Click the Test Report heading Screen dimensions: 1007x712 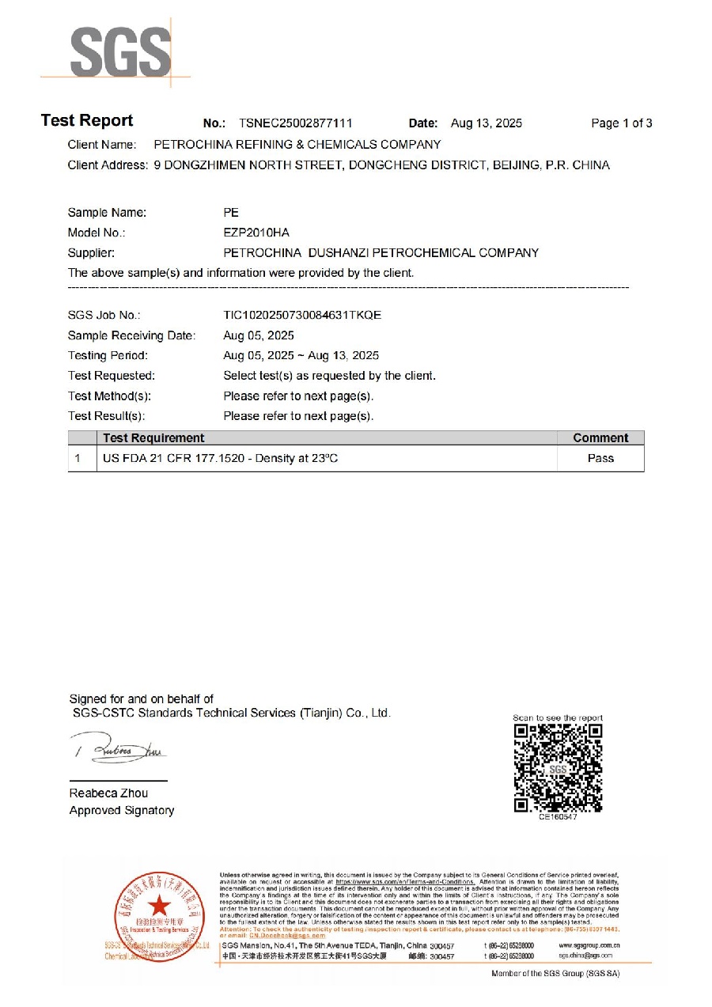pos(87,121)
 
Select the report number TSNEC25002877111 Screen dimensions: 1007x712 pos(295,123)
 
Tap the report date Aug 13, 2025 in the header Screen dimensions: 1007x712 pos(487,123)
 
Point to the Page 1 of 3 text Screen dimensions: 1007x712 pos(622,123)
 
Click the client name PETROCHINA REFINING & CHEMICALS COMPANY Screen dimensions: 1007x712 pos(297,145)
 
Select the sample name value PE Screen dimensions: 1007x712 pos(231,213)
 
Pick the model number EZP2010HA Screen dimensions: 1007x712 pos(257,233)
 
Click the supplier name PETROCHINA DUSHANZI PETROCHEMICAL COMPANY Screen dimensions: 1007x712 pos(381,253)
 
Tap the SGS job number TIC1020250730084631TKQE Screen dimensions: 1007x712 pos(302,315)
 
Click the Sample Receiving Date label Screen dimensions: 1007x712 pos(131,335)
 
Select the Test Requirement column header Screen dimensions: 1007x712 pos(153,438)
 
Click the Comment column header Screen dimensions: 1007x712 pos(600,438)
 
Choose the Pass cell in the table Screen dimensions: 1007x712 pos(600,459)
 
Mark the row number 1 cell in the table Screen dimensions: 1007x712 pos(78,459)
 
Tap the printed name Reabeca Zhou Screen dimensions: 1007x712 pos(108,793)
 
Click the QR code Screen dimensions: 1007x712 pos(558,767)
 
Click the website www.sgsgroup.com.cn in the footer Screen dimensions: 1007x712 pos(589,946)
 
